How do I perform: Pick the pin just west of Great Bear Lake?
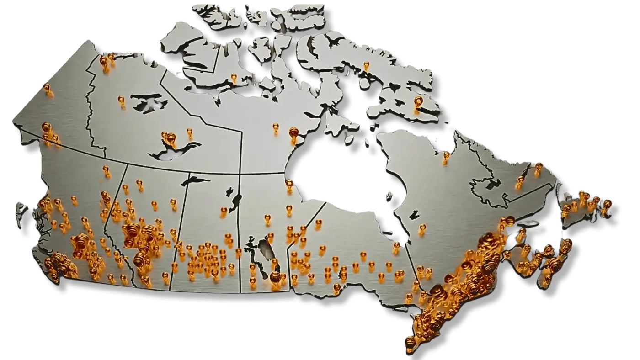click(121, 99)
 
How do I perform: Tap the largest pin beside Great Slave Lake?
click(171, 137)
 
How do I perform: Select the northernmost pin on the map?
click(366, 65)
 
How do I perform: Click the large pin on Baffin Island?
click(418, 101)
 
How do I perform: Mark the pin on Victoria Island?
click(234, 77)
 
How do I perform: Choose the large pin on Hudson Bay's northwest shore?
click(293, 132)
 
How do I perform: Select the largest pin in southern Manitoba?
click(275, 277)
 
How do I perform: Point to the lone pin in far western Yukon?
click(46, 87)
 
